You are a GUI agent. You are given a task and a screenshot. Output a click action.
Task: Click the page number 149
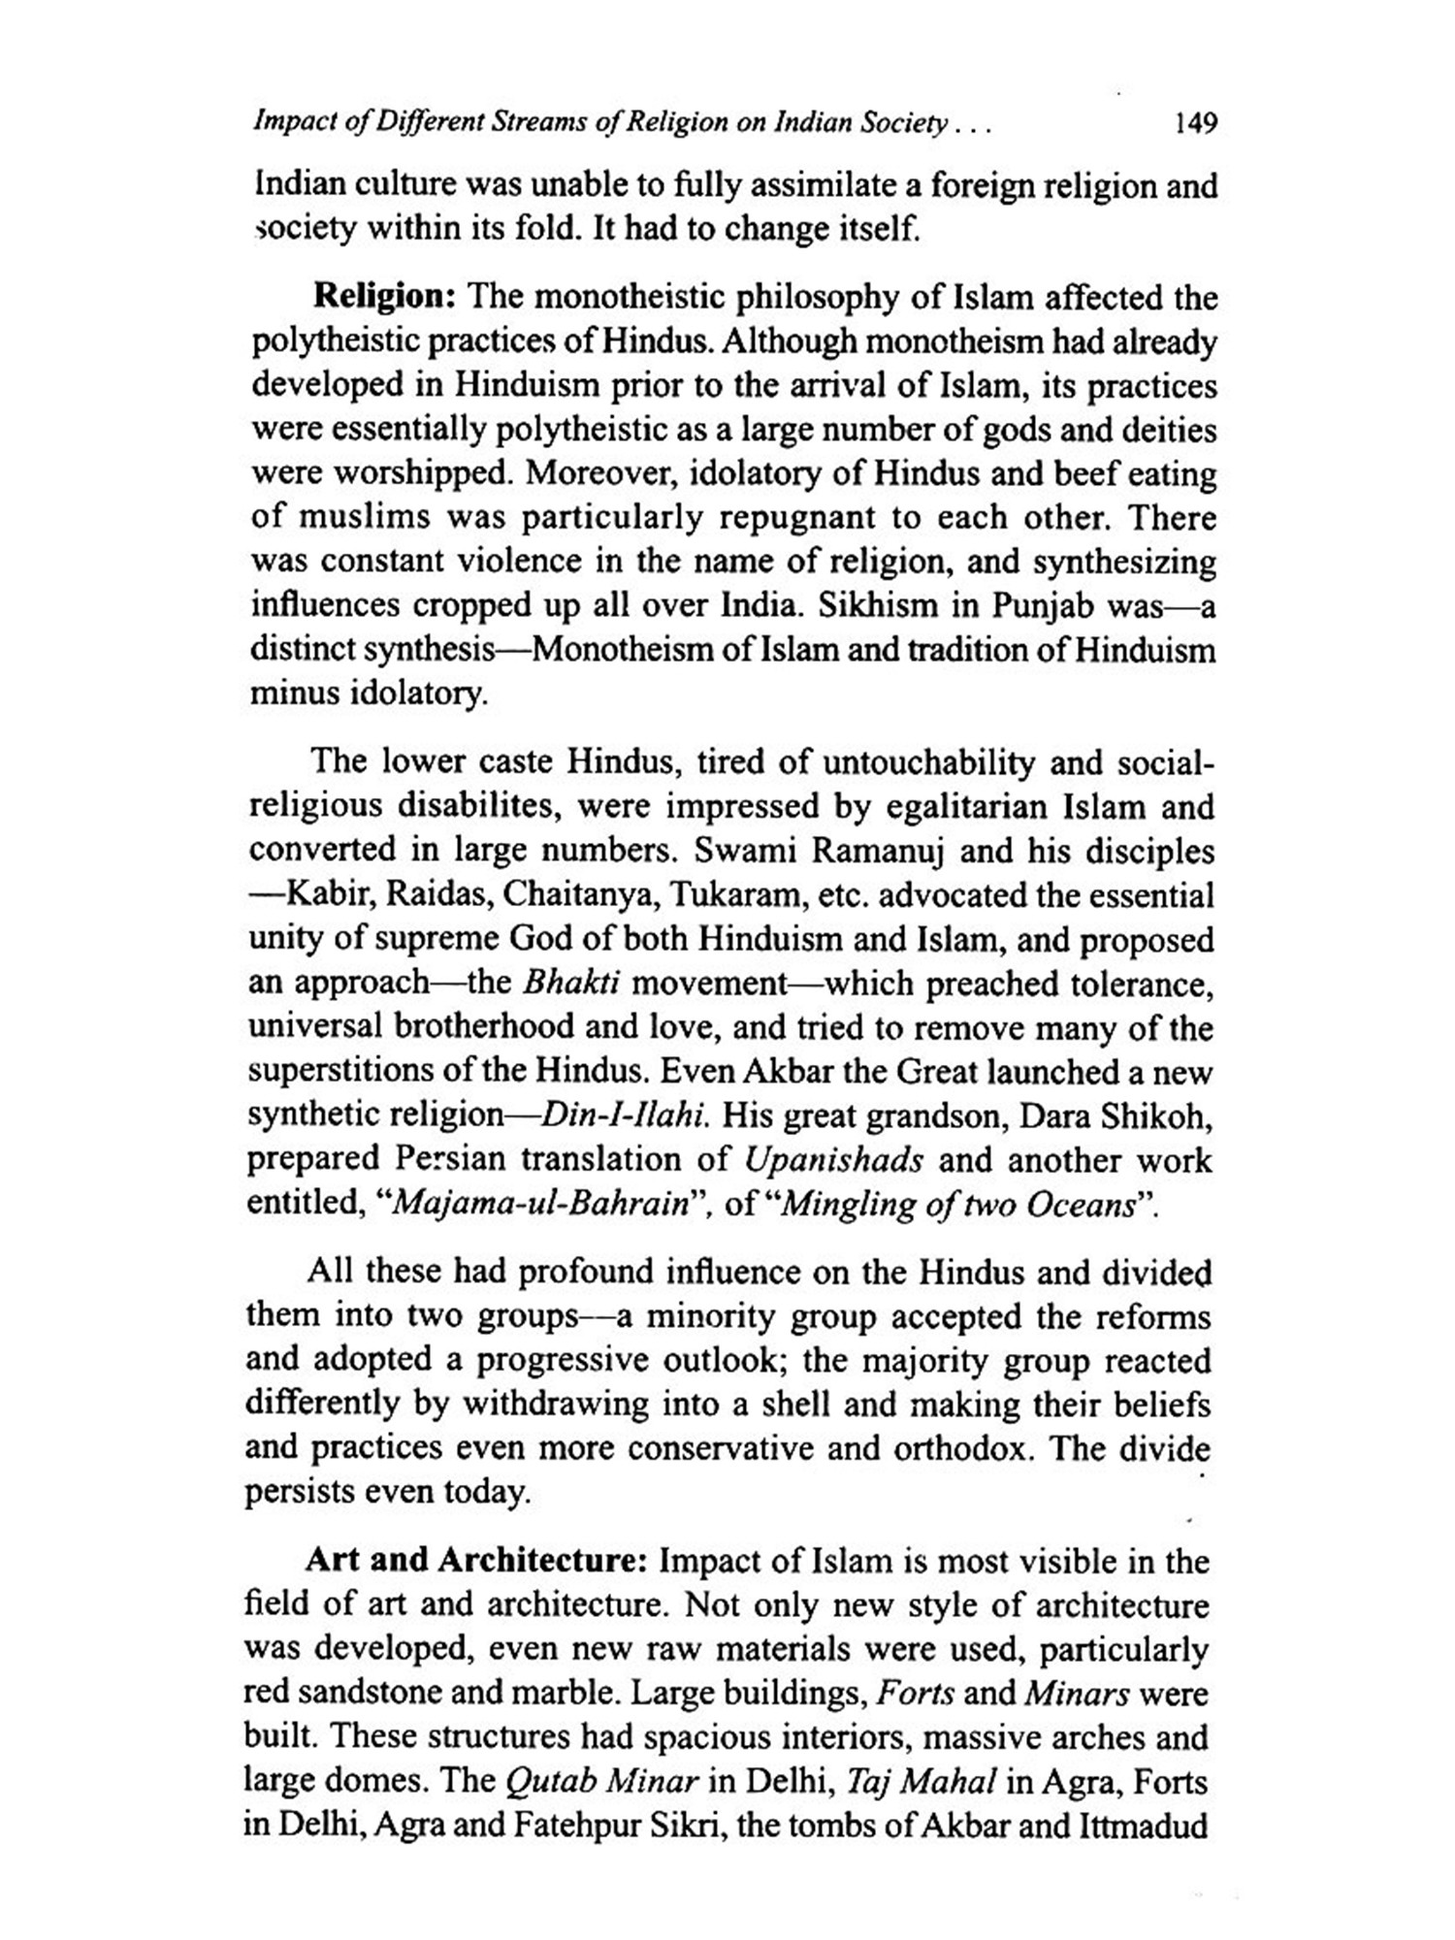tap(1194, 123)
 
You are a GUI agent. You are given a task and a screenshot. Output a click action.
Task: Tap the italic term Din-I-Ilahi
tap(623, 1115)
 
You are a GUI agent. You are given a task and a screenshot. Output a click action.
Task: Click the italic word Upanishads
tap(834, 1159)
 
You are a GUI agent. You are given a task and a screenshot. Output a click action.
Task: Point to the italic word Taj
tap(865, 1782)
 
